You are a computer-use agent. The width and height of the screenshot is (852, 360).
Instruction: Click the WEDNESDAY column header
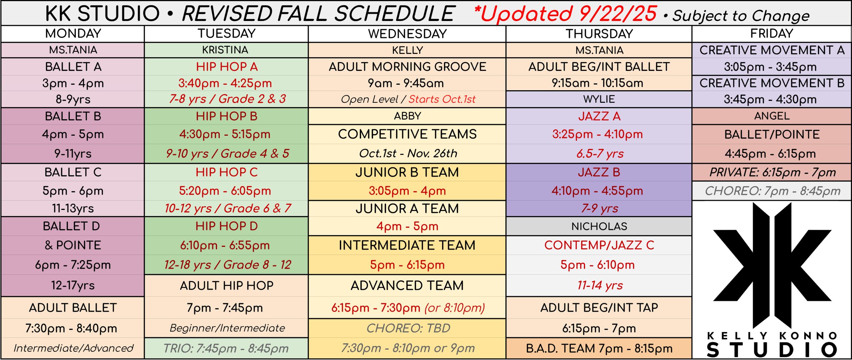click(407, 34)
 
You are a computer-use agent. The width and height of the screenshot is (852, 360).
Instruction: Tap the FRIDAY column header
click(771, 34)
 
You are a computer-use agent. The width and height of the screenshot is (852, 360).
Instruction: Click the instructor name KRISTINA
click(225, 50)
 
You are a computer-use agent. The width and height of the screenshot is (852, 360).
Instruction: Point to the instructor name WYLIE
click(599, 99)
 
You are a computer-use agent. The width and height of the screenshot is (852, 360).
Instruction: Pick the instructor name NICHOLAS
click(599, 226)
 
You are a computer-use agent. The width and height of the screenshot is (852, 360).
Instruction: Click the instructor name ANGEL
click(771, 116)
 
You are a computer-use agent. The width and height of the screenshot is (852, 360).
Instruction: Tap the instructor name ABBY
click(407, 116)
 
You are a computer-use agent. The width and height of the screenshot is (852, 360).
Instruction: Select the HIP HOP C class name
click(227, 172)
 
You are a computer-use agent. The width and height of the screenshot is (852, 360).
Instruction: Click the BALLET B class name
click(73, 116)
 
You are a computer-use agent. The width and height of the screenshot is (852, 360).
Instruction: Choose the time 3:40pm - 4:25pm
click(225, 83)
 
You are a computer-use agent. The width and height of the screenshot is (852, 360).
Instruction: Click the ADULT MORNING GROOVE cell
click(407, 67)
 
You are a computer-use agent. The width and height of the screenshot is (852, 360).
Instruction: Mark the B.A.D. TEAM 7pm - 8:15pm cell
click(599, 348)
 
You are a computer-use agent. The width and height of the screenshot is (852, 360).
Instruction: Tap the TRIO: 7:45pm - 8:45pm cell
click(226, 348)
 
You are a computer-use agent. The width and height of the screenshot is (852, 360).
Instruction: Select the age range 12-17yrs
click(73, 285)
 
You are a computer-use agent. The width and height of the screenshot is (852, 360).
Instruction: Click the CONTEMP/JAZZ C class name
click(599, 245)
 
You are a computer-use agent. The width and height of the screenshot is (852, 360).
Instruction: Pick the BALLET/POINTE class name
click(772, 134)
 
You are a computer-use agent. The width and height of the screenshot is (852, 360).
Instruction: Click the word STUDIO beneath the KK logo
click(771, 350)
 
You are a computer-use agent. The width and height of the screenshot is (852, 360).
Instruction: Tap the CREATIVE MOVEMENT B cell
click(772, 83)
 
